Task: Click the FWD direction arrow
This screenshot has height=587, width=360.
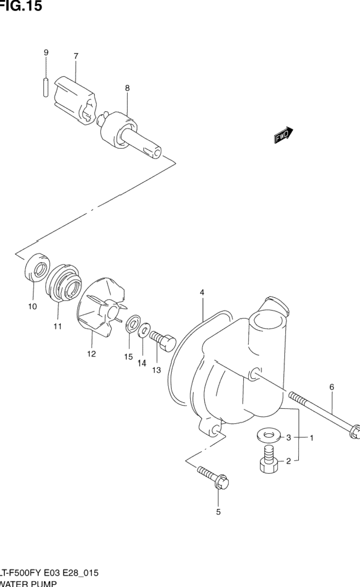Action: pos(283,135)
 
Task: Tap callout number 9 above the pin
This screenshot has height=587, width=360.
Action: pos(46,53)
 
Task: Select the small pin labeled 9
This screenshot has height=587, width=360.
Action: pos(45,88)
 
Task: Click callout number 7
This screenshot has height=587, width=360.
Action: pos(76,56)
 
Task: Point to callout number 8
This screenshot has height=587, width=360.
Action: pos(127,88)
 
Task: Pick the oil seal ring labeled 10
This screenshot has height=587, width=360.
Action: pos(36,271)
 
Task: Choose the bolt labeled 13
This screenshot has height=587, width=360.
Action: pos(162,340)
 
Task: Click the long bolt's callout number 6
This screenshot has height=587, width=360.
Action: pos(331,387)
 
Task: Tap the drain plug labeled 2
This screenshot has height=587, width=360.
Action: pos(267,461)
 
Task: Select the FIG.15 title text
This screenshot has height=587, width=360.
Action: pos(21,6)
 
